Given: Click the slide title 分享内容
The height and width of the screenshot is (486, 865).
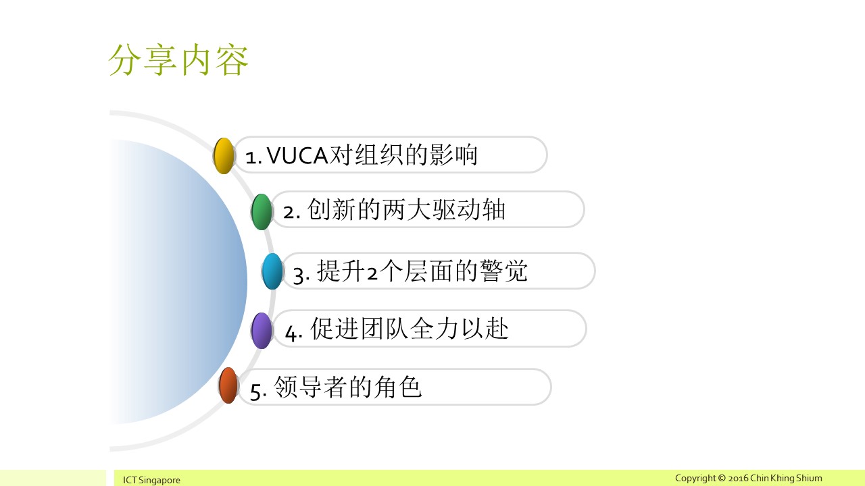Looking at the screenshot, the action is pos(178,60).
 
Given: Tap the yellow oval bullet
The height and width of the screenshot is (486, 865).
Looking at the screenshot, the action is pos(224,155).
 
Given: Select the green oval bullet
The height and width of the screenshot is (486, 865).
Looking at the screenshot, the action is pos(262,212).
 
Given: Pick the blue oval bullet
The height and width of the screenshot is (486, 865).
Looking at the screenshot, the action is pos(272,271).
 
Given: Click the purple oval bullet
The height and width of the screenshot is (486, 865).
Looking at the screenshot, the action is pos(262,331).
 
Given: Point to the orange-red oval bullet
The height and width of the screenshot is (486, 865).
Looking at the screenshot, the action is pos(228,385).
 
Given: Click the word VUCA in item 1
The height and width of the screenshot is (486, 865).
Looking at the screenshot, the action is pos(297,156).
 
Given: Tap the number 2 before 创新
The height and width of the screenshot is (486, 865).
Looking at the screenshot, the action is pos(289,213).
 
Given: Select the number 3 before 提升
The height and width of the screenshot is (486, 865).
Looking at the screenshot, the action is pos(299,275).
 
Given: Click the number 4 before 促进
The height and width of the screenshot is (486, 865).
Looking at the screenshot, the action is pos(291,333).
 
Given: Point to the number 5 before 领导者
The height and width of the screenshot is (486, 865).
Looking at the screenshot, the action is pos(255,391).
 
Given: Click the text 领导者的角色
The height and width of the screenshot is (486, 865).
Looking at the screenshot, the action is pos(347,387).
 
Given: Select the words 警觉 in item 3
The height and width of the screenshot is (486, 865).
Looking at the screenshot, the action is pos(503,271).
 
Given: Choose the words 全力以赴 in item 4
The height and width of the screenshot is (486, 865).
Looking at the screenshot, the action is pos(459,329).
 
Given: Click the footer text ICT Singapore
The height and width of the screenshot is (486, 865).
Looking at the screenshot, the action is pos(151,480).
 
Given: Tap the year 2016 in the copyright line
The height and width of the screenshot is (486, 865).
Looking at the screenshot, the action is pos(738,479).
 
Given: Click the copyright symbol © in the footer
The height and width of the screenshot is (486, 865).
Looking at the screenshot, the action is pos(722,479).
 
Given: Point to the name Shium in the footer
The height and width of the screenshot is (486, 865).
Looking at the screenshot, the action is pos(809,479).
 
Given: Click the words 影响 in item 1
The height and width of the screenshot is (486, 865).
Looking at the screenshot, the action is pos(453,155).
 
